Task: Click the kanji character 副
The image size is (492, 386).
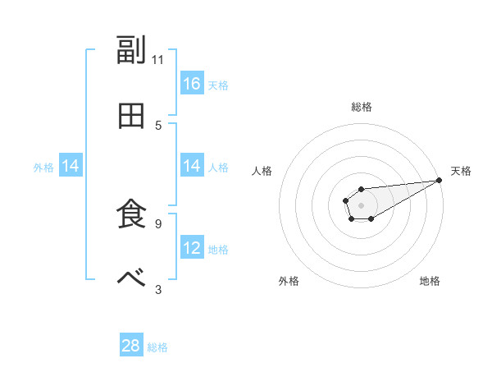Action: pyautogui.click(x=132, y=51)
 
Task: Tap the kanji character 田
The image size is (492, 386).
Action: pyautogui.click(x=132, y=116)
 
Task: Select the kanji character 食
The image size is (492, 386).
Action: pyautogui.click(x=132, y=214)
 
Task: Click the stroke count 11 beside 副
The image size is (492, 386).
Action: pyautogui.click(x=158, y=59)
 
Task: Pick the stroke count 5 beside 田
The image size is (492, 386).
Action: pyautogui.click(x=158, y=125)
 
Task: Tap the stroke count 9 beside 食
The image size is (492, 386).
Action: pyautogui.click(x=158, y=223)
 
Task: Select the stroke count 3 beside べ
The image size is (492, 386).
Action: pyautogui.click(x=158, y=288)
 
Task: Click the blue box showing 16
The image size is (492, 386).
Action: pyautogui.click(x=192, y=84)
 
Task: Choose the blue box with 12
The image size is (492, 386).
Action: pyautogui.click(x=192, y=248)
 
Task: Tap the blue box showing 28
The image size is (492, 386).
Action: pyautogui.click(x=131, y=346)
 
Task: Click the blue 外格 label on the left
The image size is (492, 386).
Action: pyautogui.click(x=43, y=167)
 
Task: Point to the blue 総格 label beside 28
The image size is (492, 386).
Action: pyautogui.click(x=157, y=347)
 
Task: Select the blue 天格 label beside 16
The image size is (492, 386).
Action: pyautogui.click(x=217, y=85)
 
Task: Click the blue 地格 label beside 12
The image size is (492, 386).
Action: pyautogui.click(x=217, y=249)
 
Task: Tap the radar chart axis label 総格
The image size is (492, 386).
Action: pyautogui.click(x=361, y=107)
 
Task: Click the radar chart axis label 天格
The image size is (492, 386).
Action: pyautogui.click(x=461, y=171)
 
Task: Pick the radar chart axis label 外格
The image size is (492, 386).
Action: pyautogui.click(x=289, y=281)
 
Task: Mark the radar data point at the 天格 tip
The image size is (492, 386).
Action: pyautogui.click(x=439, y=180)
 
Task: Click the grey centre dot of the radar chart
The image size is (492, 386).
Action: pyautogui.click(x=361, y=204)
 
